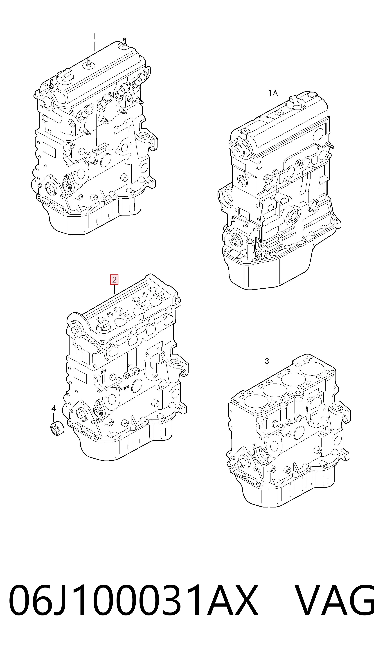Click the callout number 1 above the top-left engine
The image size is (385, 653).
click(x=95, y=37)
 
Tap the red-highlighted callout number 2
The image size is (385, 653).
click(x=114, y=280)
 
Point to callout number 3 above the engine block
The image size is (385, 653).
click(x=267, y=361)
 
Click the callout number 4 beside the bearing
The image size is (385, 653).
click(x=54, y=408)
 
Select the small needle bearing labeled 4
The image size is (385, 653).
click(x=57, y=429)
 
